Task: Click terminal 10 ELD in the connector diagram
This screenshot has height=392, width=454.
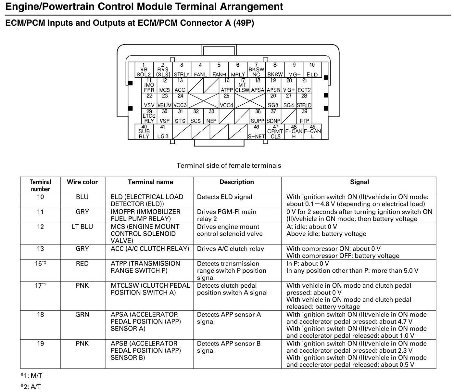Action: pos(312,70)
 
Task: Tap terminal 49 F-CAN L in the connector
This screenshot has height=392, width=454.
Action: pos(312,132)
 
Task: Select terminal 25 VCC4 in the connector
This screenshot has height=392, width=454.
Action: pos(226,101)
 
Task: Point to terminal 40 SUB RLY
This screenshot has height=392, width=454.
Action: pos(144,132)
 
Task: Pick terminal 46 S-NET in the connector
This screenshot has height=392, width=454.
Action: pos(256,132)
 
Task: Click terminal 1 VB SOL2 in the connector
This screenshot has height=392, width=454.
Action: pos(144,70)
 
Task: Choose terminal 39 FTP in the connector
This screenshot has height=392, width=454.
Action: pos(304,116)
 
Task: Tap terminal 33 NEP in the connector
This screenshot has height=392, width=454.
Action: pos(211,116)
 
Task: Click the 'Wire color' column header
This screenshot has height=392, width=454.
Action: pos(82,182)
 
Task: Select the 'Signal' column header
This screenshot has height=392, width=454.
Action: pos(359,182)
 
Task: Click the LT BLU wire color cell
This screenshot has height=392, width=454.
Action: pos(82,227)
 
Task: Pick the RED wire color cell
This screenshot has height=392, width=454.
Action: pos(82,264)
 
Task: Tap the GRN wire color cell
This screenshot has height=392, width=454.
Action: pos(82,315)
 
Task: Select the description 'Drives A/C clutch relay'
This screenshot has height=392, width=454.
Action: pos(230,249)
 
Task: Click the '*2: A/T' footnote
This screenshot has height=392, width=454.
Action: pos(31,386)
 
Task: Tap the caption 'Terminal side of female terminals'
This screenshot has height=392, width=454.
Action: pos(229,165)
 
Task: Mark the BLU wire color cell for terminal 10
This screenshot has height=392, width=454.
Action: pos(82,197)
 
